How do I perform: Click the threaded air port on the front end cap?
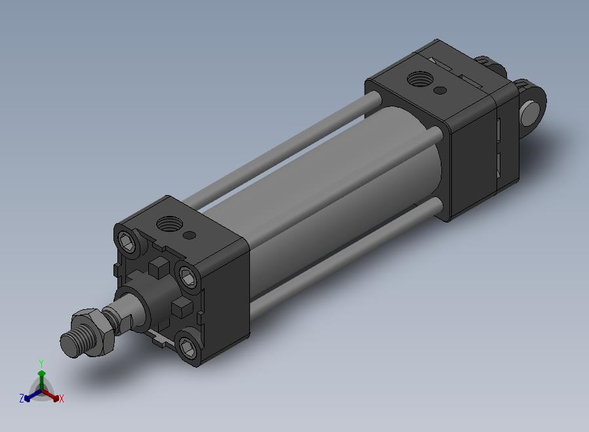coord(169,225)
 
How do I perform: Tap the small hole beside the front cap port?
coord(190,236)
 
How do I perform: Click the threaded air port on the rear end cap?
coord(420,79)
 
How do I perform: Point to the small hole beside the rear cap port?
coord(440,90)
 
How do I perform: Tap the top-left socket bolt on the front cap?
coord(127,242)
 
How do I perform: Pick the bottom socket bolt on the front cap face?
coord(188,347)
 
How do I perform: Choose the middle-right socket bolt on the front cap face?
coord(188,276)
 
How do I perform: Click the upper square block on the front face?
coord(158,267)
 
